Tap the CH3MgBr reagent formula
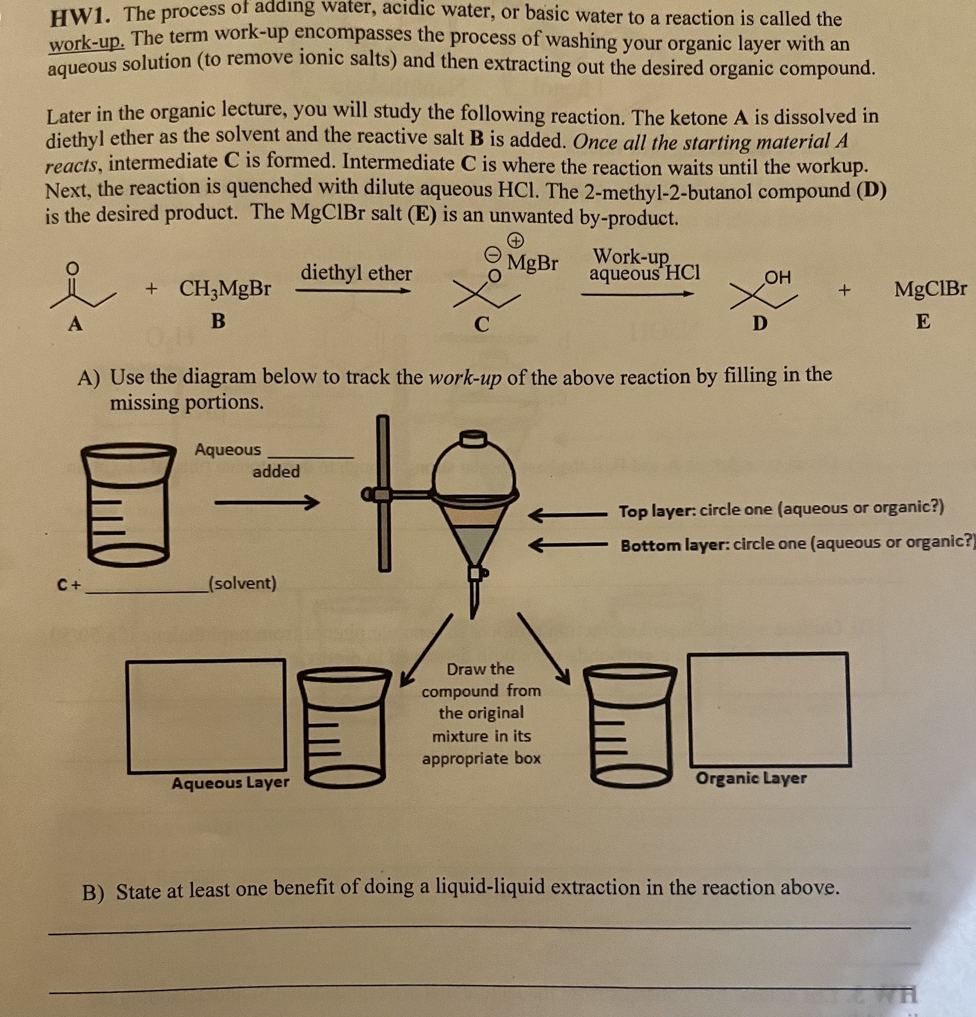[224, 288]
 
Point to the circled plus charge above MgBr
[514, 240]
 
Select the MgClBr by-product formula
[930, 288]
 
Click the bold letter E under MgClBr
[923, 322]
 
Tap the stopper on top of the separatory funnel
[474, 439]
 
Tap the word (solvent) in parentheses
[242, 583]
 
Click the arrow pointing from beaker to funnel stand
[266, 502]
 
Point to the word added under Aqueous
[276, 472]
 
